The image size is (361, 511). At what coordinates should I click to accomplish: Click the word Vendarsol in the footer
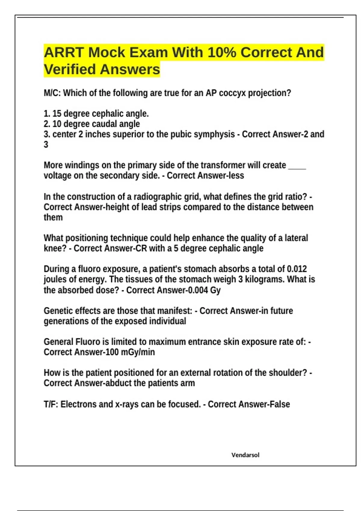(x=245, y=455)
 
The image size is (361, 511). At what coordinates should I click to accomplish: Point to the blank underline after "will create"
(x=297, y=166)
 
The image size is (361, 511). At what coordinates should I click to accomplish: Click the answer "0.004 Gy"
(x=203, y=290)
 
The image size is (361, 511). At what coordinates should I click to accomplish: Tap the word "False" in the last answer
(x=279, y=404)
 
